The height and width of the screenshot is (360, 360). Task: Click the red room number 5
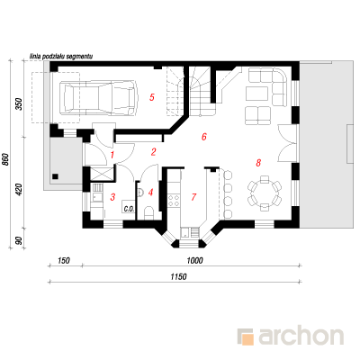click(x=152, y=97)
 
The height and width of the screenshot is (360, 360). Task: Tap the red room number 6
click(x=204, y=137)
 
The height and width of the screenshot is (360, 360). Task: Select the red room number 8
click(x=258, y=163)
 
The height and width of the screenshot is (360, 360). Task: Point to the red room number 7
click(x=193, y=197)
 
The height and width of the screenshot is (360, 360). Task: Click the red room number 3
click(x=112, y=197)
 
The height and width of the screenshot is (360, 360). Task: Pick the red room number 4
click(x=150, y=192)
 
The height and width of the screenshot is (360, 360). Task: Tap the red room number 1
click(x=112, y=155)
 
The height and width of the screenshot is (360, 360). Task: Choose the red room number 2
click(x=154, y=152)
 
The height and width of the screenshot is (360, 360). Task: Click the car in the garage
click(x=99, y=97)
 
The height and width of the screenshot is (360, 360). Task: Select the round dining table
click(x=265, y=193)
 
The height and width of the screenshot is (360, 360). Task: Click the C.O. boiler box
click(x=129, y=207)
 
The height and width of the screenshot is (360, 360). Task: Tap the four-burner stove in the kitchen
click(x=174, y=201)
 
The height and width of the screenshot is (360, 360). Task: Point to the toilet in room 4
click(x=148, y=212)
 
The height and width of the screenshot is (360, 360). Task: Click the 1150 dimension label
click(x=178, y=276)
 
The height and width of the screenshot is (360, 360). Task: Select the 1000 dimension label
click(x=194, y=260)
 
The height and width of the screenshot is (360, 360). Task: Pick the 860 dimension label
click(x=5, y=159)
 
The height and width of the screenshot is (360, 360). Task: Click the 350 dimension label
click(x=19, y=104)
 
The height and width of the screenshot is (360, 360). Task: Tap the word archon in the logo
click(x=301, y=337)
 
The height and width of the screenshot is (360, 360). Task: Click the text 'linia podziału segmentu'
click(x=61, y=56)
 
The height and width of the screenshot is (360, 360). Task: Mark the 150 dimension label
click(x=64, y=260)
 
